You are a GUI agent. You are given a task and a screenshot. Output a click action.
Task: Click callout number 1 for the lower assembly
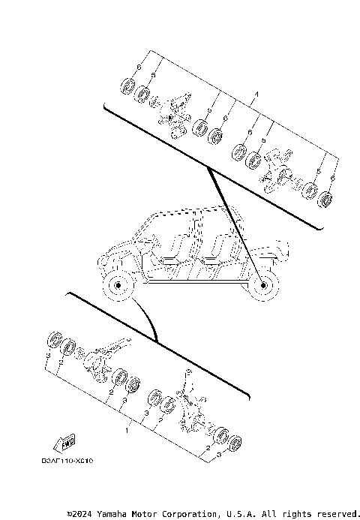click(127, 432)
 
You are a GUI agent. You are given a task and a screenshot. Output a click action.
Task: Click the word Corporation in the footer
click(191, 514)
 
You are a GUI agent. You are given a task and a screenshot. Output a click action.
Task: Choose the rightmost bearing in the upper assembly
click(325, 200)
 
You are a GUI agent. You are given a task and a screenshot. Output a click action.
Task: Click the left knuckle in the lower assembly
click(103, 356)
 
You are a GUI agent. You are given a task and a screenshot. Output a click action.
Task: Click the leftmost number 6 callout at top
click(137, 68)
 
